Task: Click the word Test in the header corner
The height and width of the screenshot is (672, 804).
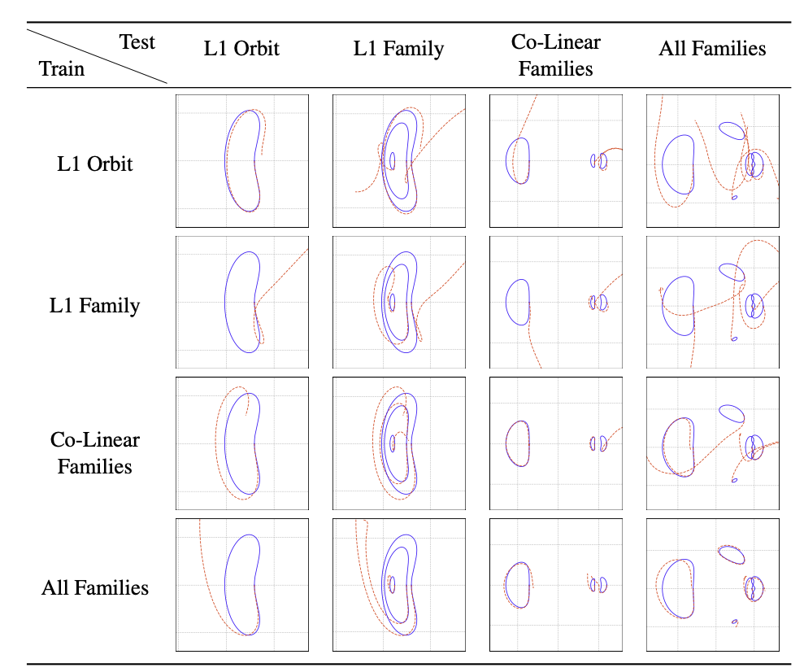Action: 137,41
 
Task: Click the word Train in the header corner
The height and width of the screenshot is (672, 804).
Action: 61,68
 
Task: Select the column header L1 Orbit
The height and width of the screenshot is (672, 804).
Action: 241,48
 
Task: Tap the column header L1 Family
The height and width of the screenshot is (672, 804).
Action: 398,48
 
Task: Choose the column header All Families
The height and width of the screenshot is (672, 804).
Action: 712,48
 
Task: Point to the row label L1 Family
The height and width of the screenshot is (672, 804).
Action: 95,305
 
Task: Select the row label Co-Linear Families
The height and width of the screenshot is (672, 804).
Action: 95,453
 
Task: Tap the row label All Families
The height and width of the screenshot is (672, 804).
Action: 95,587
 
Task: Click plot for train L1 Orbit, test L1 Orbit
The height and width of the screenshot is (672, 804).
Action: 242,160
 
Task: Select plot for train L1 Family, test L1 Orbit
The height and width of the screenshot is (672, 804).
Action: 242,302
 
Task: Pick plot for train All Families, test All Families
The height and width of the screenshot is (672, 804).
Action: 713,584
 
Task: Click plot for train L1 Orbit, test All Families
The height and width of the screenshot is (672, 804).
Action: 713,160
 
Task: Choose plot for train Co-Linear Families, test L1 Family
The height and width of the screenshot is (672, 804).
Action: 399,443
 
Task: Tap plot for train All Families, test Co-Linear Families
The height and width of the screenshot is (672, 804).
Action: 556,584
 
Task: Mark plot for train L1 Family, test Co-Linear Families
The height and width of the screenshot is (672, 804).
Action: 556,302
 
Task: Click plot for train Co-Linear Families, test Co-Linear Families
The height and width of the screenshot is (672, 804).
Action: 556,443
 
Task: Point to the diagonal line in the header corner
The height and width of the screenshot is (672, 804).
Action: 96,55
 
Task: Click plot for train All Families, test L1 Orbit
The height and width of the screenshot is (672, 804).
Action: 242,584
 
